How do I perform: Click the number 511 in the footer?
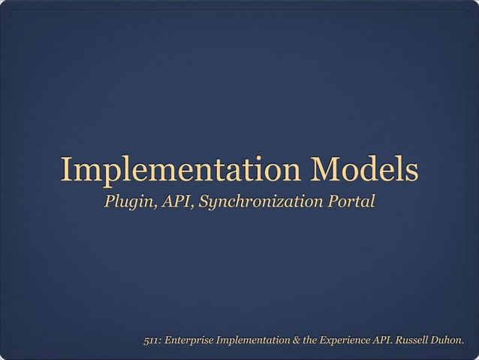click(x=152, y=343)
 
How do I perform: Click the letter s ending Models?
click(x=411, y=171)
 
